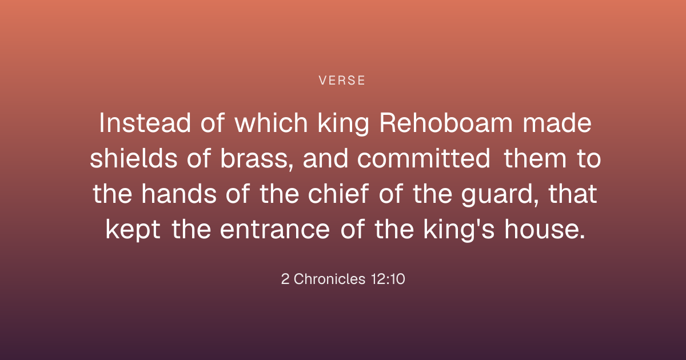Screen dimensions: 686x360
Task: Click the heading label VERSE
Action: click(x=342, y=81)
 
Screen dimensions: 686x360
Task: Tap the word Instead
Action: click(x=145, y=123)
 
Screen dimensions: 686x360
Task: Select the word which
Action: click(x=271, y=122)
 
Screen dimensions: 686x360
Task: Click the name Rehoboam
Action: click(x=446, y=122)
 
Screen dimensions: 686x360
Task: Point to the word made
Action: click(x=557, y=122)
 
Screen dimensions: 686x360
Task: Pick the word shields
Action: click(x=134, y=158)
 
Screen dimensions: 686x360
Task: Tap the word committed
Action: click(x=424, y=158)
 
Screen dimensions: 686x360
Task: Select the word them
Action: click(x=535, y=158)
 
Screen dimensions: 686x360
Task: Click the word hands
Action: click(x=179, y=194)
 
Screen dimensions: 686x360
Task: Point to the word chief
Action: click(x=338, y=194)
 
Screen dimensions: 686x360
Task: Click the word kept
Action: click(x=133, y=230)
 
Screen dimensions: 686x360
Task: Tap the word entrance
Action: click(x=275, y=230)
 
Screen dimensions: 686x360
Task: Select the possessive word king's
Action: click(x=458, y=230)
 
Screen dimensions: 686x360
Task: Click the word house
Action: click(x=542, y=229)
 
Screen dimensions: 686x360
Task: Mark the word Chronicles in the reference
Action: click(x=329, y=279)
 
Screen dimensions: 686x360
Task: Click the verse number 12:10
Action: click(x=388, y=279)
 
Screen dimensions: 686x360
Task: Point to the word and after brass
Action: click(x=325, y=158)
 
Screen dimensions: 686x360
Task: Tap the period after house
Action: click(x=583, y=237)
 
